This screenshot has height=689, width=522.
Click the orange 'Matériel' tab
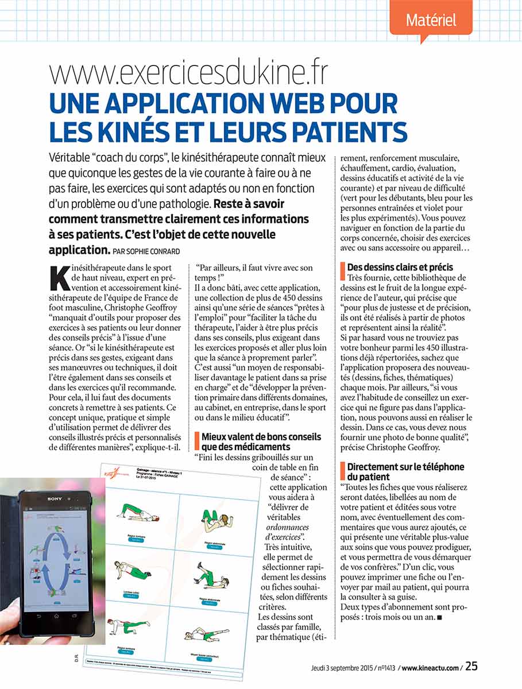[x=431, y=20]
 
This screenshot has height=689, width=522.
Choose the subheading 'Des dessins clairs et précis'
[x=400, y=267]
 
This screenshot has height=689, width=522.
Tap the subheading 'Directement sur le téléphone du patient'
[x=405, y=472]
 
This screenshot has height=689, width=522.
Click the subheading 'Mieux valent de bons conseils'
[x=261, y=438]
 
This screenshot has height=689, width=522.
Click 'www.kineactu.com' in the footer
[x=431, y=667]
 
